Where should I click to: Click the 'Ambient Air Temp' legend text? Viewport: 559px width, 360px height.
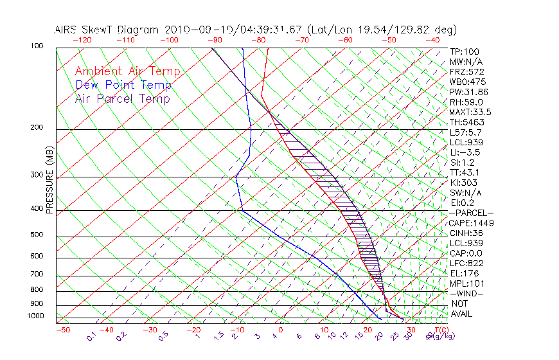(x=127, y=71)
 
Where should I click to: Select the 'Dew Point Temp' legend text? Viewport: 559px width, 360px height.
(x=123, y=85)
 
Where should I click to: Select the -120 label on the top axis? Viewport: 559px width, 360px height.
(x=82, y=40)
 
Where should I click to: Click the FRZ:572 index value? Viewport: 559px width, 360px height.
(x=466, y=72)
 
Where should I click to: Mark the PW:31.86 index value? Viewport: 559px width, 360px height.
(x=468, y=92)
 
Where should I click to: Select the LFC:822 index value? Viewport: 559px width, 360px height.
(x=466, y=264)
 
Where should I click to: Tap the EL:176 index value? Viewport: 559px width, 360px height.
(x=465, y=273)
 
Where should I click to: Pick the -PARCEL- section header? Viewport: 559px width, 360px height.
(x=471, y=213)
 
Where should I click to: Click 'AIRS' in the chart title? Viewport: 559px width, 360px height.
(x=67, y=30)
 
